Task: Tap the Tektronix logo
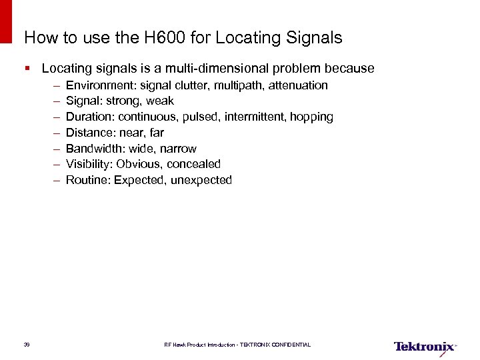425,347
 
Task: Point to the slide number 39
27,345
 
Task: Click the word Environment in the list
101,85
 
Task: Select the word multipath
239,85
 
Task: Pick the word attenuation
298,85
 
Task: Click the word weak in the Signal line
159,101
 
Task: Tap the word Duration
90,117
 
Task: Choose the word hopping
312,117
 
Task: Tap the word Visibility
89,164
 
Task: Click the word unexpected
201,180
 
